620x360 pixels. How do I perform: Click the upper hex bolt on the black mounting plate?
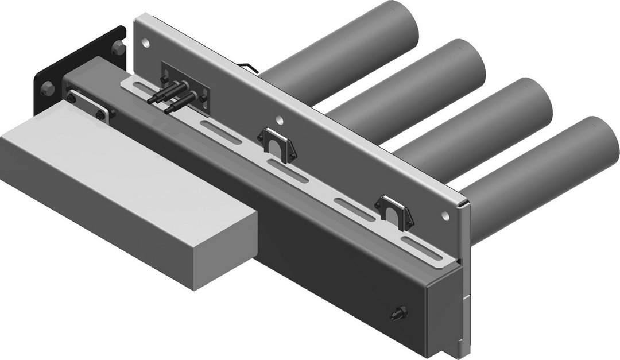pyautogui.click(x=118, y=47)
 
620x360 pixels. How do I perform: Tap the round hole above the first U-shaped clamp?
pyautogui.click(x=279, y=120)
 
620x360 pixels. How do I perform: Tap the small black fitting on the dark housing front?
pyautogui.click(x=397, y=313)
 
